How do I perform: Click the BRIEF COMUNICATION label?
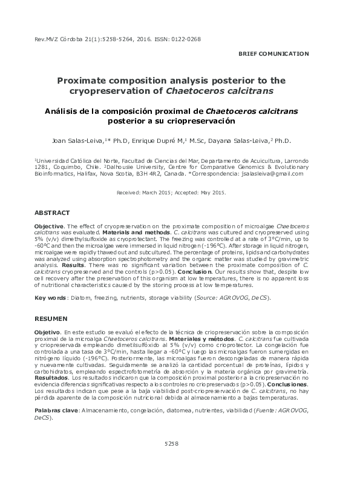click(273, 54)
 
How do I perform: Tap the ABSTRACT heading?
click(52, 213)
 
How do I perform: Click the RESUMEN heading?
click(51, 319)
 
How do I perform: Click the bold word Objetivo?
click(47, 332)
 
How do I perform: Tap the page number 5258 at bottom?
click(171, 461)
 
